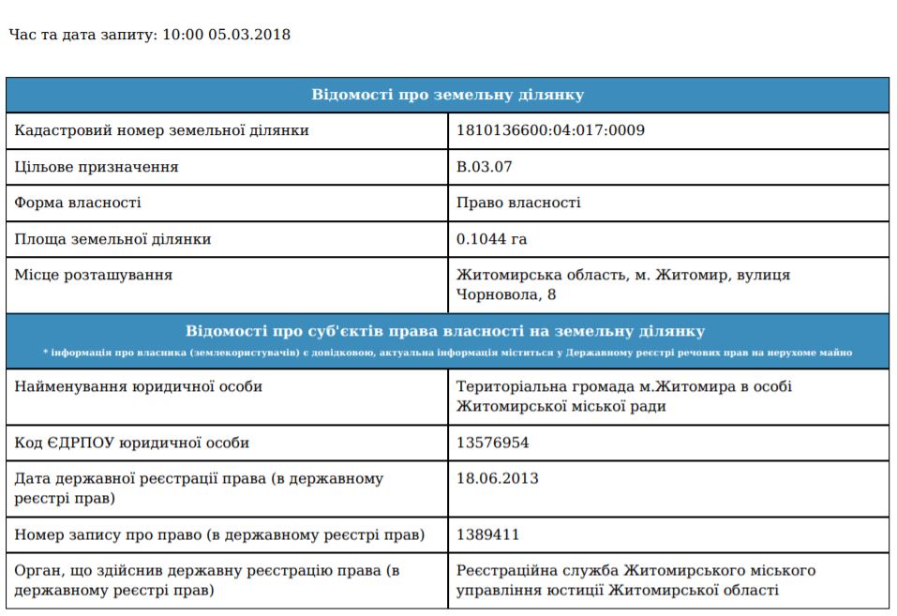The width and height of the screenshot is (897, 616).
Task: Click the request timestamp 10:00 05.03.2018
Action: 226,35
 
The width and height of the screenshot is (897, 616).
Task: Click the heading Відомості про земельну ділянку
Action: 447,95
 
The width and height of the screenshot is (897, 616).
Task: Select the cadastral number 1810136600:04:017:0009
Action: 550,130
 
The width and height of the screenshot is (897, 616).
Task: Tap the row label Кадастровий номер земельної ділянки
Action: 161,130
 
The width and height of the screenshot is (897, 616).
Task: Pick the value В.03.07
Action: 485,167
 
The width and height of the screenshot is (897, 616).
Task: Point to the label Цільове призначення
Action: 96,167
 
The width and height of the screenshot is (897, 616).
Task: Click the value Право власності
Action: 518,203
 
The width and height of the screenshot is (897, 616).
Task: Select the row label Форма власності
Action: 78,203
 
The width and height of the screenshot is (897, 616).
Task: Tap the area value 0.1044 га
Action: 491,239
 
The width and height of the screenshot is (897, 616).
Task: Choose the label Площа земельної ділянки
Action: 112,239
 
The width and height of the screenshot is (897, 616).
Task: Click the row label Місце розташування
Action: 93,275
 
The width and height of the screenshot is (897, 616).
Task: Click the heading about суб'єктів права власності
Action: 445,331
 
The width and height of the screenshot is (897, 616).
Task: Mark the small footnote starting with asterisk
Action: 447,353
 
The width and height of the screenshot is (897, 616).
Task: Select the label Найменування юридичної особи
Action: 138,386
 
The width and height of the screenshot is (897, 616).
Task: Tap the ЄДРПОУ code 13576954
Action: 492,443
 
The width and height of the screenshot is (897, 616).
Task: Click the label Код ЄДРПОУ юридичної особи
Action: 131,443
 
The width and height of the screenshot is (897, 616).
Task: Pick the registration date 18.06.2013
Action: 497,478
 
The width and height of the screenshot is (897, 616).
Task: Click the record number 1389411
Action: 487,534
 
